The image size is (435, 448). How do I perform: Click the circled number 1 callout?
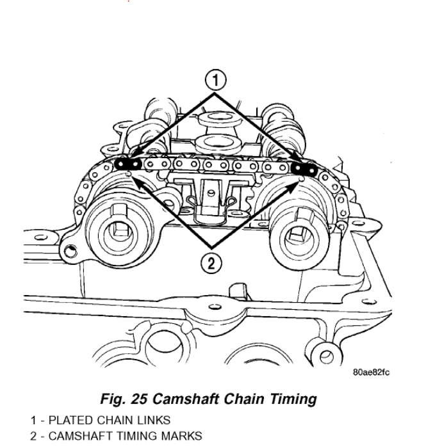[216, 80]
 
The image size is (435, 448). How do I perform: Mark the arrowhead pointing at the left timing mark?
[136, 180]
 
